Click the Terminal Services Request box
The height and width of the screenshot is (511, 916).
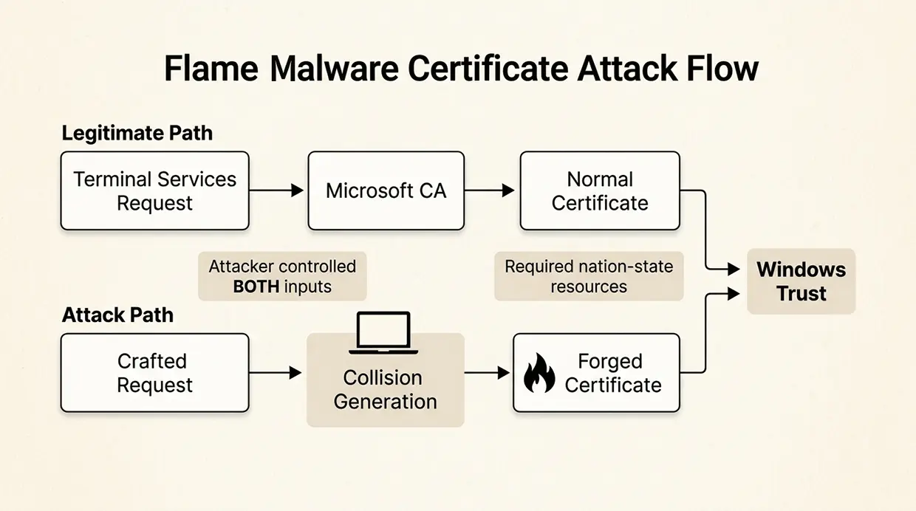154,191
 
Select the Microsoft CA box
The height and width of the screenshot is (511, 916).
386,191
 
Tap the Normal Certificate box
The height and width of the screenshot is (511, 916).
599,191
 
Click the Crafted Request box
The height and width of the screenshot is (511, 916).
154,373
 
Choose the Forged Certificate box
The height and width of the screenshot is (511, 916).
596,373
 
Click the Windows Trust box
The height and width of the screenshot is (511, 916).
801,281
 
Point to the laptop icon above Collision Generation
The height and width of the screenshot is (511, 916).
383,331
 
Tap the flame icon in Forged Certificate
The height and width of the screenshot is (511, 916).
539,374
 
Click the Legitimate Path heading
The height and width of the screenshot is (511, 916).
137,134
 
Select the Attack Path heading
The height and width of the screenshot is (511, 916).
117,315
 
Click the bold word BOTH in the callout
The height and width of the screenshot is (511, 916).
255,287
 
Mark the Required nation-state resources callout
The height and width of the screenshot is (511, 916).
588,276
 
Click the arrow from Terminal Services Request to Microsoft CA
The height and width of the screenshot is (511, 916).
277,191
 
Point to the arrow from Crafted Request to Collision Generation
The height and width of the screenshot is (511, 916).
277,373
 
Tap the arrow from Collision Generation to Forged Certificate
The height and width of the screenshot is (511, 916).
488,373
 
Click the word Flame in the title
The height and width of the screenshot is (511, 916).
211,69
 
